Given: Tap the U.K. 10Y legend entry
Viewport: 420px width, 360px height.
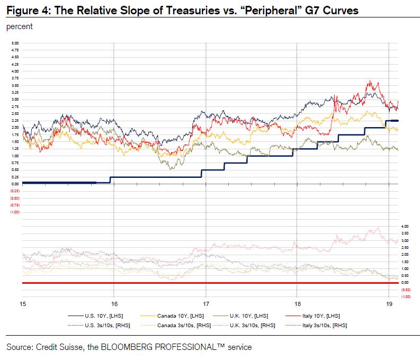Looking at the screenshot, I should (x=244, y=316).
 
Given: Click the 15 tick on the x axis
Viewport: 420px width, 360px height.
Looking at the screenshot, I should (x=23, y=304).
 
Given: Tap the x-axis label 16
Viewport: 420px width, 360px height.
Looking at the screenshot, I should (x=114, y=304).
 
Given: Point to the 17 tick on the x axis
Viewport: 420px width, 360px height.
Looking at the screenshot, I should (x=205, y=304).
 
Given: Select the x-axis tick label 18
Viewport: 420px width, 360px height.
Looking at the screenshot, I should (x=297, y=304).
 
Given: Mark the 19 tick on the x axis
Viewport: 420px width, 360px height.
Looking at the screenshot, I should (x=388, y=304).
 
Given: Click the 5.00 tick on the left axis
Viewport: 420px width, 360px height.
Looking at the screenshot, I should (x=15, y=43).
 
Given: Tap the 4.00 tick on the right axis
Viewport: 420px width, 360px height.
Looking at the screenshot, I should (x=405, y=227).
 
